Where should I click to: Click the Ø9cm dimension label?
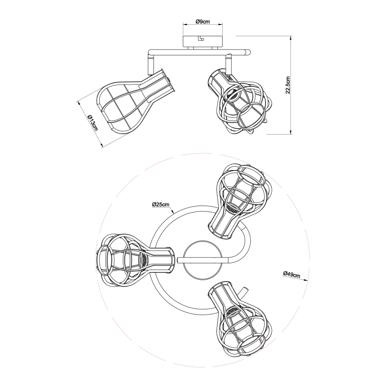[202, 21]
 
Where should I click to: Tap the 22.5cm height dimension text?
[287, 85]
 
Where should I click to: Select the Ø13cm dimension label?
[93, 123]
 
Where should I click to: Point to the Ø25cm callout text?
[160, 204]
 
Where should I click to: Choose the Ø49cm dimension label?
[292, 274]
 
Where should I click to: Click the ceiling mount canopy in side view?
[202, 41]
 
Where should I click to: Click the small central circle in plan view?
[202, 260]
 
